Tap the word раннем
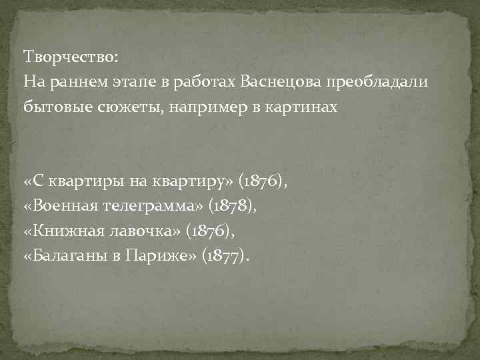tap(69, 81)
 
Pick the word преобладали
tap(378, 81)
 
